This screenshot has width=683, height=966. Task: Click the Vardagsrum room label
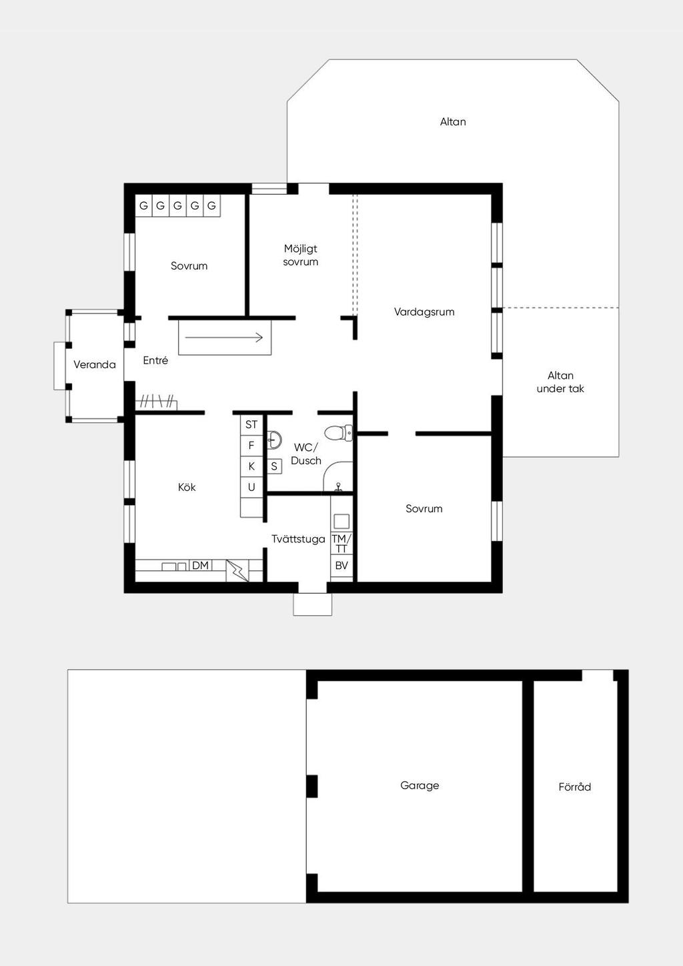[424, 312]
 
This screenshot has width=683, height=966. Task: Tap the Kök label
[187, 487]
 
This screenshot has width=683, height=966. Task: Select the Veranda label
[95, 365]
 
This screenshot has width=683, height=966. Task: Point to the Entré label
[155, 360]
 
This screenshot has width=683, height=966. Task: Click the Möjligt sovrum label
[301, 255]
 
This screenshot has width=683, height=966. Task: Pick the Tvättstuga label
[298, 539]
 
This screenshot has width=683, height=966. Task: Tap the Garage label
[420, 785]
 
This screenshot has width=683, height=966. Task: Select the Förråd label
[575, 787]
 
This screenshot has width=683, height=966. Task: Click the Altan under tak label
[560, 382]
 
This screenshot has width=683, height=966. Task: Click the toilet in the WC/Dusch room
[338, 433]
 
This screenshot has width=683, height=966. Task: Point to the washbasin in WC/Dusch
[274, 440]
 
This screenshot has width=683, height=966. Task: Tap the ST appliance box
[251, 425]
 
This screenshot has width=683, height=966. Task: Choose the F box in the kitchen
[251, 446]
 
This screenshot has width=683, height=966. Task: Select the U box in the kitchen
[251, 487]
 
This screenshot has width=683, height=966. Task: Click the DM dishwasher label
[200, 565]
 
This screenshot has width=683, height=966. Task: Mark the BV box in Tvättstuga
[341, 565]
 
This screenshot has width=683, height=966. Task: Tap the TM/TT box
[341, 543]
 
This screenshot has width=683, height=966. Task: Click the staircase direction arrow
[224, 338]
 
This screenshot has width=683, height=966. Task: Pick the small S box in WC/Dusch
[274, 466]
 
